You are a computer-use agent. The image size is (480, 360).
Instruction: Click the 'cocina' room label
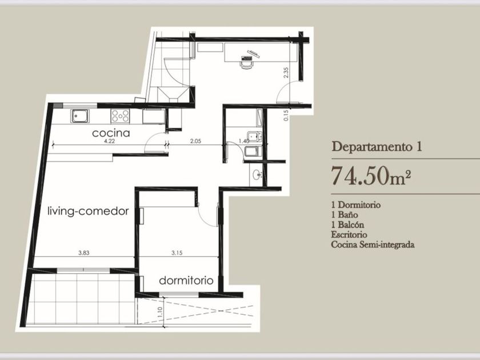[x=111, y=133]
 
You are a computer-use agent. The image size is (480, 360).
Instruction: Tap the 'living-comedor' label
[x=88, y=211]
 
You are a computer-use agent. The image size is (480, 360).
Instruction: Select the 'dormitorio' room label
[x=186, y=281]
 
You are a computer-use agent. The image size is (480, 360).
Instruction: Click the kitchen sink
[x=80, y=116]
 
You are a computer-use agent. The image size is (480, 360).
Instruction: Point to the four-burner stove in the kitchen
[x=121, y=116]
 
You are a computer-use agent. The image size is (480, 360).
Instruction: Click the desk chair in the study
[x=247, y=64]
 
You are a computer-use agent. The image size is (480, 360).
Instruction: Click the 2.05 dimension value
[x=195, y=141]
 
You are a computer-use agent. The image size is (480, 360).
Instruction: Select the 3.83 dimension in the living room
[x=84, y=253]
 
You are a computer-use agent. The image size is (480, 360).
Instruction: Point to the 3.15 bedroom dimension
[x=177, y=253]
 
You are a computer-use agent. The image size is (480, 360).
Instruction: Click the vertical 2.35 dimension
[x=286, y=73]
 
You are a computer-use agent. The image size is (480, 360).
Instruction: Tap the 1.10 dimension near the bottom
[x=160, y=312]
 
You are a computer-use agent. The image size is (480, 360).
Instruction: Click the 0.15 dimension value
[x=286, y=115]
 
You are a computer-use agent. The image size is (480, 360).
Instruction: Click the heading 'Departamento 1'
[x=377, y=146]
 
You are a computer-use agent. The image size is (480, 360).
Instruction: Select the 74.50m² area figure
[x=371, y=176]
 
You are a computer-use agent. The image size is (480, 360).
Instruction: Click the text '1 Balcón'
[x=348, y=225]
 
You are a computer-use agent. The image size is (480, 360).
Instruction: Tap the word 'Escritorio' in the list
[x=349, y=235]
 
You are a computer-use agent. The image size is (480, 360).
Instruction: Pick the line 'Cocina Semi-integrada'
[x=373, y=245]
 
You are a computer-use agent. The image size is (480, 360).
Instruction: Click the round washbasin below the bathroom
[x=256, y=175]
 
